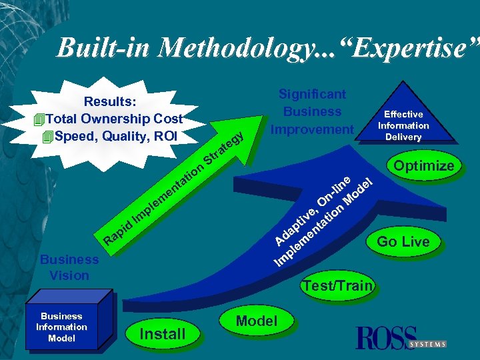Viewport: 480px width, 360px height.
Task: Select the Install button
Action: click(163, 334)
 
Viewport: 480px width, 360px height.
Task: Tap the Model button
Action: click(257, 321)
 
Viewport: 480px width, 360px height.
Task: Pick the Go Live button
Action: click(403, 241)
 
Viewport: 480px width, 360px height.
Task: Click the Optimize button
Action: click(423, 165)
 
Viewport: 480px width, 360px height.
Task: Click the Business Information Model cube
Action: click(61, 327)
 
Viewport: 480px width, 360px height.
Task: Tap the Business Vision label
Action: click(69, 267)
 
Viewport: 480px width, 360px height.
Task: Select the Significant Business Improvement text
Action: click(312, 111)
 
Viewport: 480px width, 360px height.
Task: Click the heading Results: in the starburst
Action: click(110, 102)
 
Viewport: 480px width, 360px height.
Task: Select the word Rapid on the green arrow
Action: click(119, 231)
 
